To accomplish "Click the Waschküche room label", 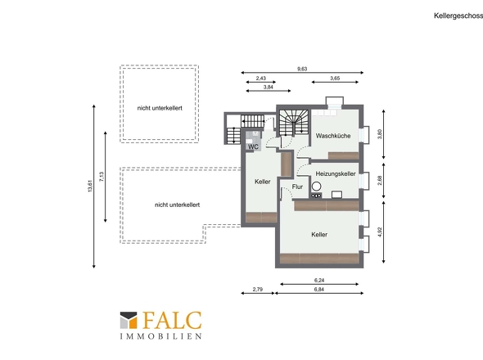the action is (x=333, y=136).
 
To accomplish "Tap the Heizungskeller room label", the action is (x=336, y=173).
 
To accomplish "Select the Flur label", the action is (x=297, y=187).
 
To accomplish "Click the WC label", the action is (x=253, y=146).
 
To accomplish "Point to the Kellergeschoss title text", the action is (x=458, y=16).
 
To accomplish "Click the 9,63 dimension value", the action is (x=302, y=69).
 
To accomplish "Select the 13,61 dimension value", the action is (x=90, y=186).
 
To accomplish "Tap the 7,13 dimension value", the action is (x=102, y=177).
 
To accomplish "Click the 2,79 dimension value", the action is (x=258, y=289).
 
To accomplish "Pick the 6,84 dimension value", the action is (x=319, y=289).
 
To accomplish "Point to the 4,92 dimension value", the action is (x=380, y=232).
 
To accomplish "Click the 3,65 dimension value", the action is (x=335, y=79).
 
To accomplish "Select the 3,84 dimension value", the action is (x=269, y=87).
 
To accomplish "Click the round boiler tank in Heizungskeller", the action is (x=316, y=186).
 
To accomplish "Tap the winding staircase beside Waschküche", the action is (x=294, y=122).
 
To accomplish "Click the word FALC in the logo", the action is (x=172, y=320).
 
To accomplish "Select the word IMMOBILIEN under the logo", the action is (x=160, y=336).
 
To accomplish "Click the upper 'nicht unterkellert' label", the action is (x=160, y=108).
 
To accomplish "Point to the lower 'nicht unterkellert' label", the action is (x=177, y=205).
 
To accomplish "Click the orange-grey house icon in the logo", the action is (x=129, y=320).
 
